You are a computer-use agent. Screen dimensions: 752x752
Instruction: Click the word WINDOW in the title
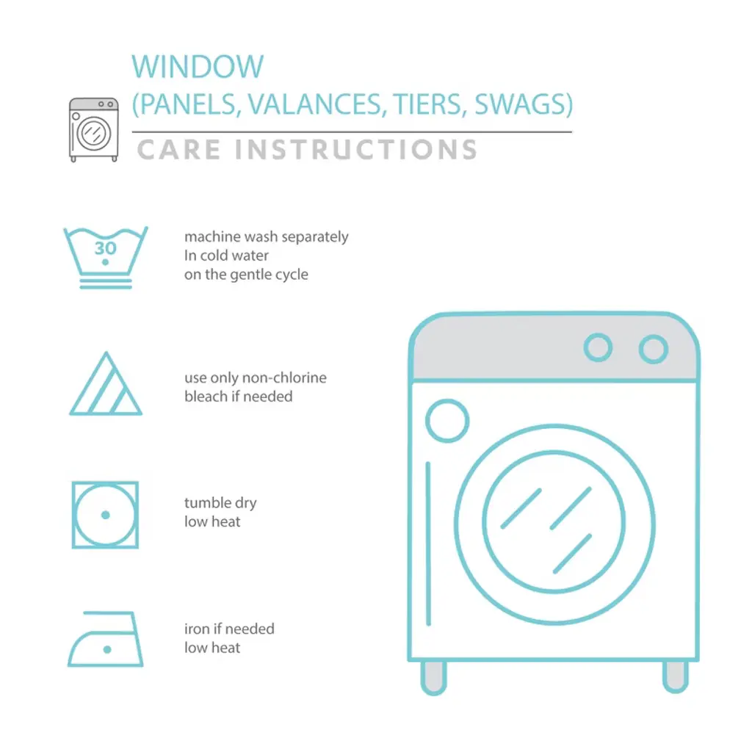(x=198, y=66)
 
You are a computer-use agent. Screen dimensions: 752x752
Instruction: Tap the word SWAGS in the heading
(x=524, y=104)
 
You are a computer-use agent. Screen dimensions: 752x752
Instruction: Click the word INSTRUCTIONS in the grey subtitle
(x=356, y=149)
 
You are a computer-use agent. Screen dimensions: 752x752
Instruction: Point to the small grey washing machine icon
(x=93, y=129)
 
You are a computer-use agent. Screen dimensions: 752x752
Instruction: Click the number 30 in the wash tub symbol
(x=106, y=248)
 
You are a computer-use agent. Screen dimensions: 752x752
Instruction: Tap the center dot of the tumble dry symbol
(x=106, y=515)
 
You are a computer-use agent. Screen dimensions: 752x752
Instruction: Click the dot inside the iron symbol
(x=107, y=649)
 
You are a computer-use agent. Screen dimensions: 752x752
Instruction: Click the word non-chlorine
(x=284, y=377)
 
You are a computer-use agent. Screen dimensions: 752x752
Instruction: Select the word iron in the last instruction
(x=197, y=629)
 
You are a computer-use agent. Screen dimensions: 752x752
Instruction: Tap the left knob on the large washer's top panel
(x=598, y=347)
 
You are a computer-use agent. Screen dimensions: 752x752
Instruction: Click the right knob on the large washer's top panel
(x=654, y=349)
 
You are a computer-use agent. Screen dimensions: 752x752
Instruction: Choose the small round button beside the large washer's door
(x=447, y=421)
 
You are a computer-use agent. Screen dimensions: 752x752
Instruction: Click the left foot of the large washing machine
(x=433, y=678)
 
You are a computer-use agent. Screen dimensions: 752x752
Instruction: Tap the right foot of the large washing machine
(x=676, y=676)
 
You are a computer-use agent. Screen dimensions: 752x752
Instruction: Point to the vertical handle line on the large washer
(x=428, y=544)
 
